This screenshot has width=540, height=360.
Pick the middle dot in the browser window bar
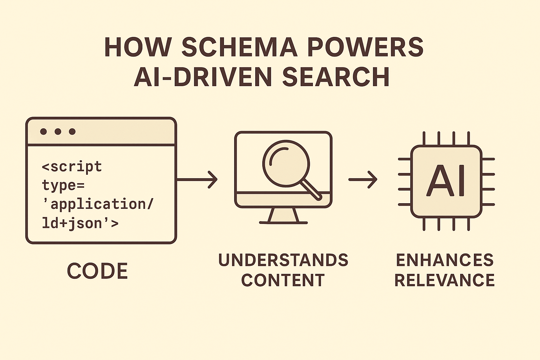(58, 131)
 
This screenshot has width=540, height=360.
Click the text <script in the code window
(72, 167)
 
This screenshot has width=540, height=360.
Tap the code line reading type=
(63, 185)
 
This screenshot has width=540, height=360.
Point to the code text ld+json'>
(80, 223)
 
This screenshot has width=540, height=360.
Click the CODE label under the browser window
(97, 271)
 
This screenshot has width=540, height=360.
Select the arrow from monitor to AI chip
(363, 180)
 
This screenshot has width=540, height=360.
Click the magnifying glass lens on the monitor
(286, 163)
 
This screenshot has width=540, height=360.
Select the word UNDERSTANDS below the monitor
(283, 260)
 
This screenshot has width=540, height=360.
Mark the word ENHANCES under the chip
(445, 260)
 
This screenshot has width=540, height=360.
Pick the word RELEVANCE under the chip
(445, 280)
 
